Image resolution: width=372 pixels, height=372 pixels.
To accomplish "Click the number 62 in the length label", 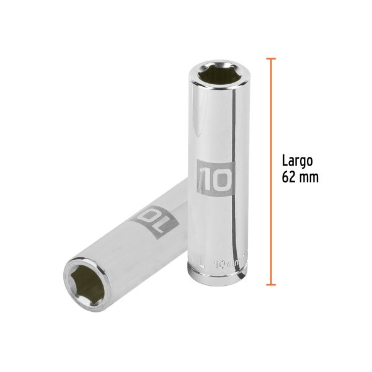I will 289,177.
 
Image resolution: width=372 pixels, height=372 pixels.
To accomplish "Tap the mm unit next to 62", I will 309,177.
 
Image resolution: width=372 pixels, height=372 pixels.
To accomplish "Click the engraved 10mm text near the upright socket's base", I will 223,263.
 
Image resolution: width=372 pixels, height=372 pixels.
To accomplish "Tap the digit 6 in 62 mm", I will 285,177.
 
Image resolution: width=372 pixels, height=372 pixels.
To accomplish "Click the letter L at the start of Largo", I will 285,161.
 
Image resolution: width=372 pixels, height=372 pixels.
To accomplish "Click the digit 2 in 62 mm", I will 293,177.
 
